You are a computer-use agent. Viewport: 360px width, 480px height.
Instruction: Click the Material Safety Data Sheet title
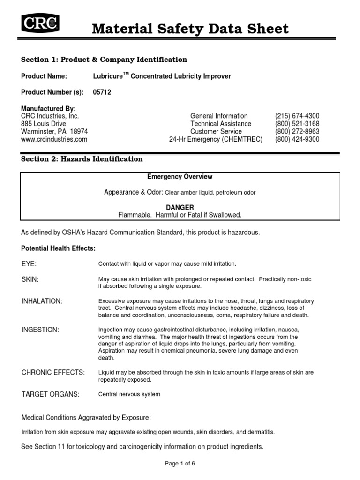tap(190, 29)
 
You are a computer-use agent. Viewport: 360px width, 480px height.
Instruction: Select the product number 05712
tap(103, 92)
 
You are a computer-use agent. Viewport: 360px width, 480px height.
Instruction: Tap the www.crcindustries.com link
tap(54, 139)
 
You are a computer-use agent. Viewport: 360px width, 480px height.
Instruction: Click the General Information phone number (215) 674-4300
tap(297, 116)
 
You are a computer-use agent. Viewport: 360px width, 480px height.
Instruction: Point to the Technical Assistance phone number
tap(297, 124)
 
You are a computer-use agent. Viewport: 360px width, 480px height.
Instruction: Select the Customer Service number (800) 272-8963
tap(297, 132)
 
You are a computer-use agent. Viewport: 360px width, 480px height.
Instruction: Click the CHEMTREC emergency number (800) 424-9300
tap(297, 139)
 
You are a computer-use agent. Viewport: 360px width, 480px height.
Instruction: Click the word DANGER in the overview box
tap(180, 207)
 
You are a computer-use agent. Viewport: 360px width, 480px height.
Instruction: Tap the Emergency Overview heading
tap(180, 177)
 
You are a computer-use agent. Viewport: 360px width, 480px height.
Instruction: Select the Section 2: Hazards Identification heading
tap(82, 159)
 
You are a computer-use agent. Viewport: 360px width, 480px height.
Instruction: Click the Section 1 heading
tap(104, 60)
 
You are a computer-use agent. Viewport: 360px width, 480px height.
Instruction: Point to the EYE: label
tap(29, 263)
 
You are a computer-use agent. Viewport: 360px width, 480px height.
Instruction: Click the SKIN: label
tap(30, 279)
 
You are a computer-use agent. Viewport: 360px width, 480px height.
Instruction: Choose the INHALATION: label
tap(42, 300)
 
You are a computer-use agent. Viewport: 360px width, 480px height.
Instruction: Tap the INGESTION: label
tap(40, 330)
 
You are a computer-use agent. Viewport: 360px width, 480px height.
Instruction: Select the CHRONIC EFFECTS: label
tap(53, 372)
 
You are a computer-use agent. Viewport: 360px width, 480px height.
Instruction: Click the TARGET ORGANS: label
tap(51, 394)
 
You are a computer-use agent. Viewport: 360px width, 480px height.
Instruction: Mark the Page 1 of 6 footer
tap(180, 464)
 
